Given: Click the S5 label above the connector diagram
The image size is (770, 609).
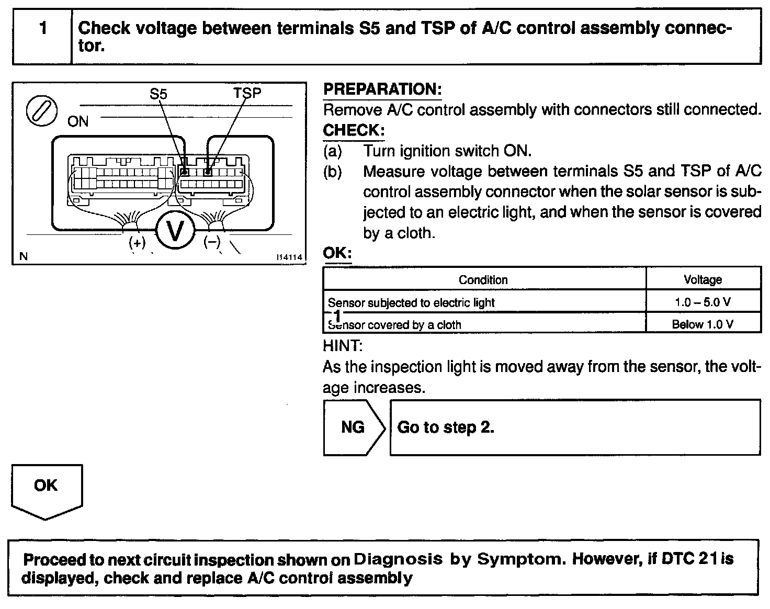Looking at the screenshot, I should [x=158, y=94].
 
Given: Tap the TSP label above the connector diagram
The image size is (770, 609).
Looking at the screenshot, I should [x=247, y=93].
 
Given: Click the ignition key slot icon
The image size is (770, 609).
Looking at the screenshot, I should [x=41, y=111].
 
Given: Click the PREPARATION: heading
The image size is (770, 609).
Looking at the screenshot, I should [x=382, y=89].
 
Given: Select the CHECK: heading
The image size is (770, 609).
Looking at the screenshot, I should [x=354, y=130].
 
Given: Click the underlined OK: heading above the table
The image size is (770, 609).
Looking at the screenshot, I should [x=337, y=253].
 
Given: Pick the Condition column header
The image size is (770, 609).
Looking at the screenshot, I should [x=483, y=280].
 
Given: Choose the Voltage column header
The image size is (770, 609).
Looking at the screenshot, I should [x=703, y=280].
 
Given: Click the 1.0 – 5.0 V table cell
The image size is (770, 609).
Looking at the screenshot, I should [x=703, y=302].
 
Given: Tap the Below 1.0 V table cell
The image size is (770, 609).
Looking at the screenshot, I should [x=703, y=324].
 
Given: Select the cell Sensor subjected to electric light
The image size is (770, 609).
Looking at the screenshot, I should [x=411, y=302].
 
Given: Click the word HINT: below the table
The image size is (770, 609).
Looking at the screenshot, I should [x=343, y=346].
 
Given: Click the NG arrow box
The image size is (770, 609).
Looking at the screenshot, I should [x=353, y=427].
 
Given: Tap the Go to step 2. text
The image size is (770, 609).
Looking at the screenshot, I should [x=446, y=427].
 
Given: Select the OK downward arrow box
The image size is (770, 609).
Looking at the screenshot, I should [x=46, y=489].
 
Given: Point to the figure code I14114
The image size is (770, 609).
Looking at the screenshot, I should [x=290, y=257].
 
